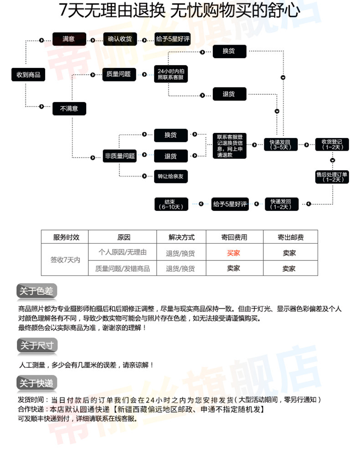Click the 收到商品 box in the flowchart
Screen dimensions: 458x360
point(28,74)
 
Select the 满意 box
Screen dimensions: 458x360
point(69,39)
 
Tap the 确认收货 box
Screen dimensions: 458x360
point(119,39)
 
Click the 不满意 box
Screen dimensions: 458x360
point(69,108)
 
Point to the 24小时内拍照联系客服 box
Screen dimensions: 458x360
point(171,74)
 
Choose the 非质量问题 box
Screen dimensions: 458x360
point(120,156)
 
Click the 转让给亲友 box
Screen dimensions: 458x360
point(170,176)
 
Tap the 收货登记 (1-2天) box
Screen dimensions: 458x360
point(332,144)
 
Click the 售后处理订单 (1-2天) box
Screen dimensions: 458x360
point(332,177)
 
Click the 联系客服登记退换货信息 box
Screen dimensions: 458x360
point(230,146)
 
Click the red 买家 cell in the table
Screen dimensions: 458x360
point(234,253)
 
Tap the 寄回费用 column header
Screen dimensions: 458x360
point(234,237)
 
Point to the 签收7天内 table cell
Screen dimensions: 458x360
point(65,260)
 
